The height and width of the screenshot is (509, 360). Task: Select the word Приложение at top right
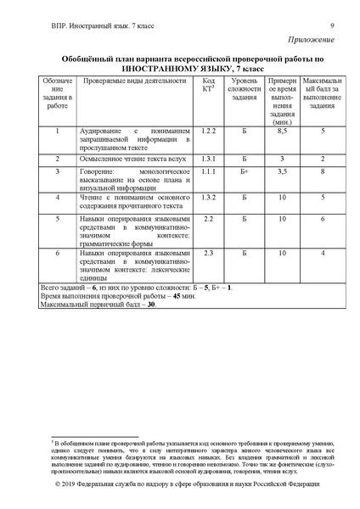pos(312,40)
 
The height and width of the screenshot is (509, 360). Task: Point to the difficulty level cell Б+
pos(244,171)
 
